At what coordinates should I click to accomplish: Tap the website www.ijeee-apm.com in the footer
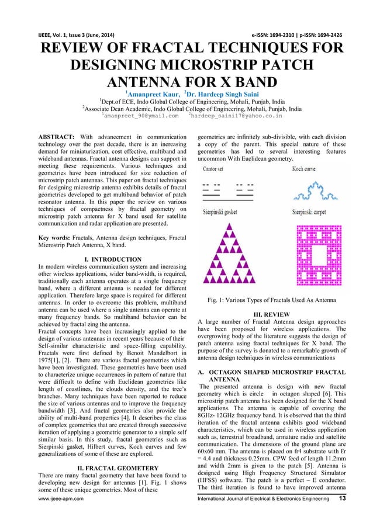(x=43, y=515)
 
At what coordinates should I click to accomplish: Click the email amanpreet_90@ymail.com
(x=140, y=116)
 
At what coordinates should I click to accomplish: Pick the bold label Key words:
(x=51, y=238)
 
